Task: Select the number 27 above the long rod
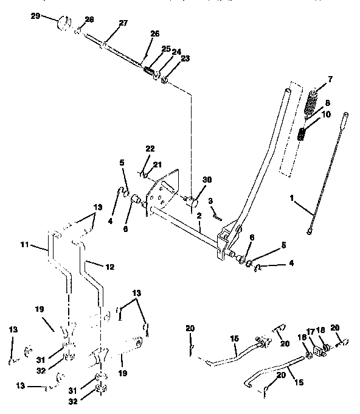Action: coord(123,23)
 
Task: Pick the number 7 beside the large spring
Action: coord(330,80)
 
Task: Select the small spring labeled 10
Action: coord(303,133)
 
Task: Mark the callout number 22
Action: coord(151,149)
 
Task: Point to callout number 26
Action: coord(154,33)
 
